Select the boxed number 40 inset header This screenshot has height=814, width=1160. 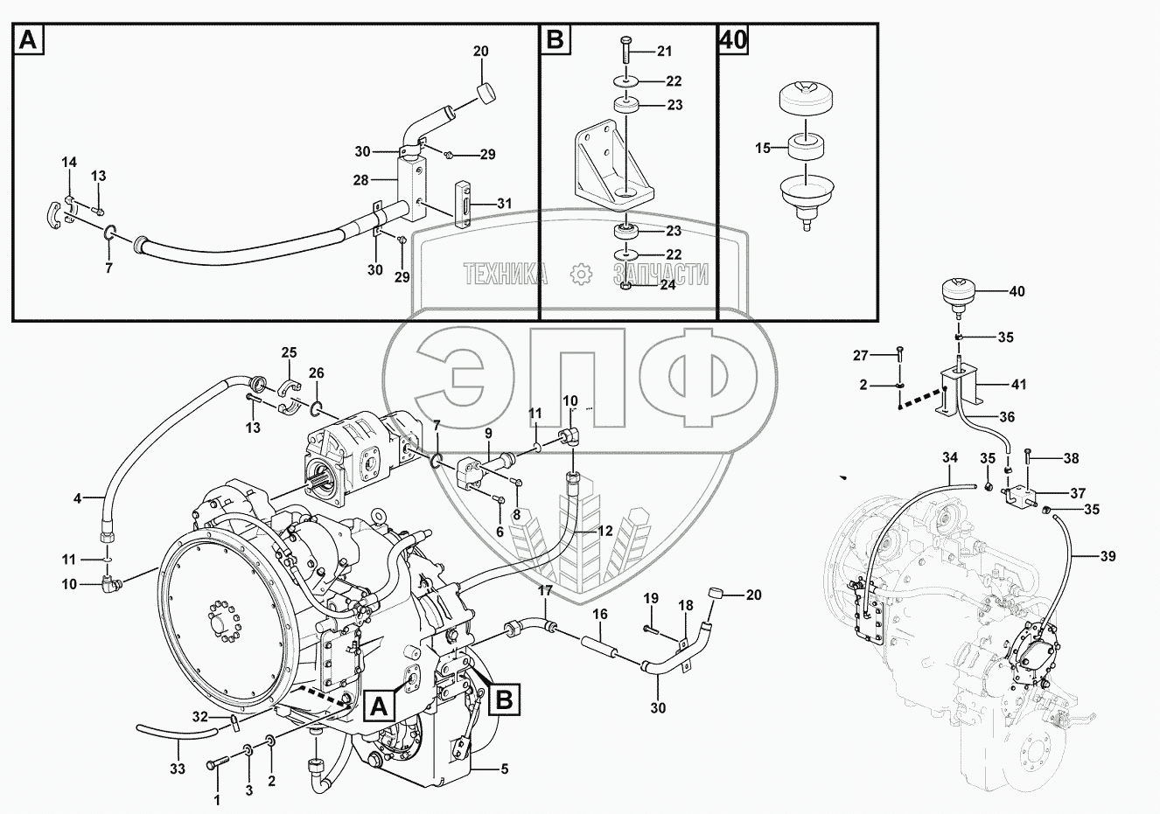[x=733, y=39]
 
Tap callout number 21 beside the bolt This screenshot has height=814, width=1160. [x=665, y=49]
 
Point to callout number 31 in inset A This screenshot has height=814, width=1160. [x=504, y=204]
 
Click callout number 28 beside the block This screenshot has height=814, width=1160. [x=360, y=180]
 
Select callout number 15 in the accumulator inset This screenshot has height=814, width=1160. [x=764, y=148]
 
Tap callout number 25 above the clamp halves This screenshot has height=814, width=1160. [x=289, y=352]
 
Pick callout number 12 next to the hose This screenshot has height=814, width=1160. [x=605, y=531]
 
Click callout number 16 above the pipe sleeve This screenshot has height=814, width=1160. [x=599, y=615]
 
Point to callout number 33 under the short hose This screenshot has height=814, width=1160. [x=178, y=769]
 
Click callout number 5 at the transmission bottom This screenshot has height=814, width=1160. [x=503, y=769]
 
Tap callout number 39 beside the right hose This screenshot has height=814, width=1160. [x=1108, y=556]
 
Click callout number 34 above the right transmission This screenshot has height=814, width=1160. [x=951, y=456]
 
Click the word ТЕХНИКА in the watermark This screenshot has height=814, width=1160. [x=506, y=275]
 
